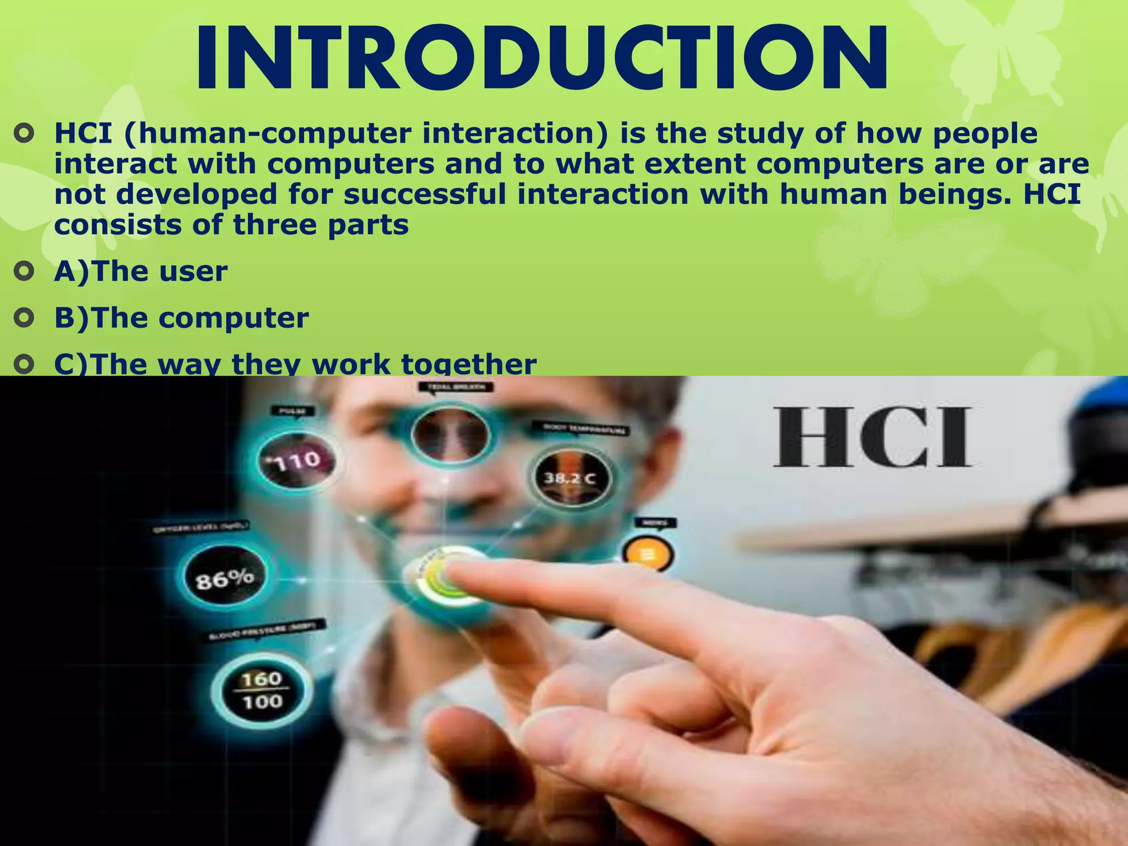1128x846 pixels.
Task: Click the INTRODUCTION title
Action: pyautogui.click(x=543, y=59)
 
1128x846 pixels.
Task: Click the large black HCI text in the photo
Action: pyautogui.click(x=872, y=438)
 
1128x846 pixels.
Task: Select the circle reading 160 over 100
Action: pyautogui.click(x=262, y=690)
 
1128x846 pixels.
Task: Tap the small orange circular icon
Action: pyautogui.click(x=647, y=554)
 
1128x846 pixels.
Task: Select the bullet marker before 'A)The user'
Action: pyautogui.click(x=24, y=272)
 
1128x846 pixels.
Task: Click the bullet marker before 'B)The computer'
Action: pyautogui.click(x=24, y=318)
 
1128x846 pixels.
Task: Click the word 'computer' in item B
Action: pyautogui.click(x=234, y=318)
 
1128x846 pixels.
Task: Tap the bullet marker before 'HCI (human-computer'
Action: pyautogui.click(x=24, y=134)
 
